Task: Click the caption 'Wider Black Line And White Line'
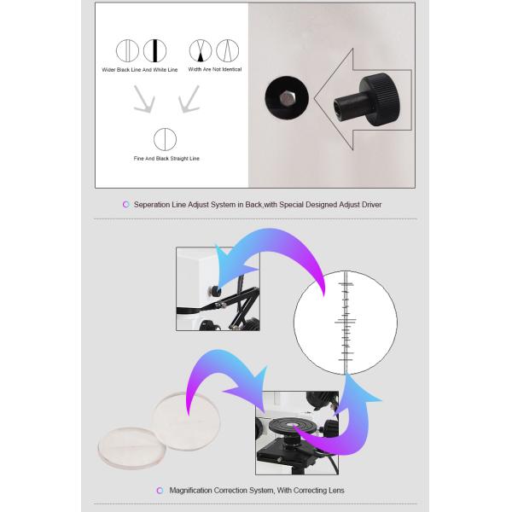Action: click(140, 70)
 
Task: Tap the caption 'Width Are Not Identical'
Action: click(215, 69)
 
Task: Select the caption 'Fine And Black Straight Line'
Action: click(166, 159)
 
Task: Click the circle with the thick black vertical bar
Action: click(154, 50)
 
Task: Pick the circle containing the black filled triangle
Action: click(201, 50)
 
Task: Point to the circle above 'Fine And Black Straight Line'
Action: click(166, 139)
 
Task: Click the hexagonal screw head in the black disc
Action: click(288, 97)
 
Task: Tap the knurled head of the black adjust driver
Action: click(379, 100)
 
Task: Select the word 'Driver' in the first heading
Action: click(371, 205)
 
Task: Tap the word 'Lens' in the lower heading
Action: click(337, 491)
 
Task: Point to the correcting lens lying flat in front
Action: click(132, 448)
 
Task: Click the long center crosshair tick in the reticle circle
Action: click(345, 322)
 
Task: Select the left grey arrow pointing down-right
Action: click(144, 99)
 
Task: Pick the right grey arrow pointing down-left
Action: click(189, 99)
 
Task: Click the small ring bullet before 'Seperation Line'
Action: click(126, 205)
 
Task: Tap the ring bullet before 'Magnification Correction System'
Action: click(160, 491)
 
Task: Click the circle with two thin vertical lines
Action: click(128, 50)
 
